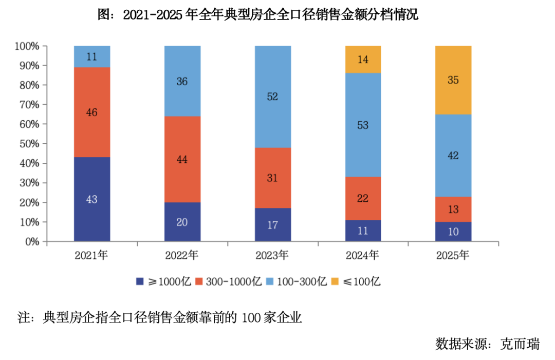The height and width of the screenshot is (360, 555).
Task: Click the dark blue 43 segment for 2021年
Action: pos(91,199)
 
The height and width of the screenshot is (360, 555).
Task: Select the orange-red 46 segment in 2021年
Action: pos(91,112)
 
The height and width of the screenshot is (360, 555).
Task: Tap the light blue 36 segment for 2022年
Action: pos(182,81)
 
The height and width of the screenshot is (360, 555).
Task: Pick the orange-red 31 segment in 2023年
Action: pos(273,178)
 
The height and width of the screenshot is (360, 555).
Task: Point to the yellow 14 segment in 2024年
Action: pos(363,59)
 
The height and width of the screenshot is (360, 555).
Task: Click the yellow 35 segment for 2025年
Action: pos(453,80)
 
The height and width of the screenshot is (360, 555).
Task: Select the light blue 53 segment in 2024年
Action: pos(363,125)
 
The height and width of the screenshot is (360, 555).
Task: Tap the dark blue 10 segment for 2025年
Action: pos(453,232)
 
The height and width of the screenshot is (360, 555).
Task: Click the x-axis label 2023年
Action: pos(273,255)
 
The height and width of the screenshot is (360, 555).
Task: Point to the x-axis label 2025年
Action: pos(453,255)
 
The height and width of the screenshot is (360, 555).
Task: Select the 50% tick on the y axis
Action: pos(29,144)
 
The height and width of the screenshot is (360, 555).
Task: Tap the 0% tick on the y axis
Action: pos(32,241)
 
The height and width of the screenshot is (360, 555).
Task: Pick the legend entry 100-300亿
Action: pos(301,281)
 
